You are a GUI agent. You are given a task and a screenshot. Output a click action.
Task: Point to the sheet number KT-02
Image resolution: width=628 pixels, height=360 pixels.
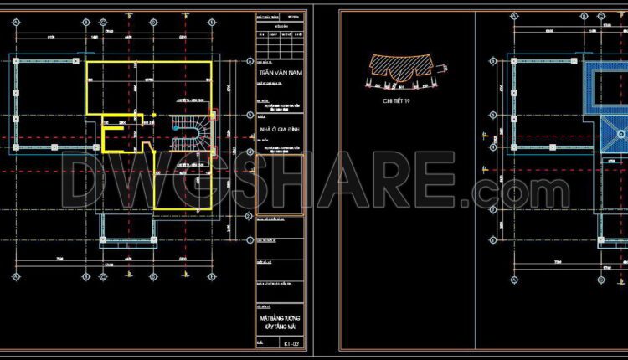click(290, 343)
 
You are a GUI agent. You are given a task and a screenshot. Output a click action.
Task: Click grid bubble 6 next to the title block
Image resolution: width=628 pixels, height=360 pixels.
click(250, 62)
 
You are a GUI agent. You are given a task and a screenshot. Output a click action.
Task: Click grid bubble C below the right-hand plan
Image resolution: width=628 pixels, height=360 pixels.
click(604, 276)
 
